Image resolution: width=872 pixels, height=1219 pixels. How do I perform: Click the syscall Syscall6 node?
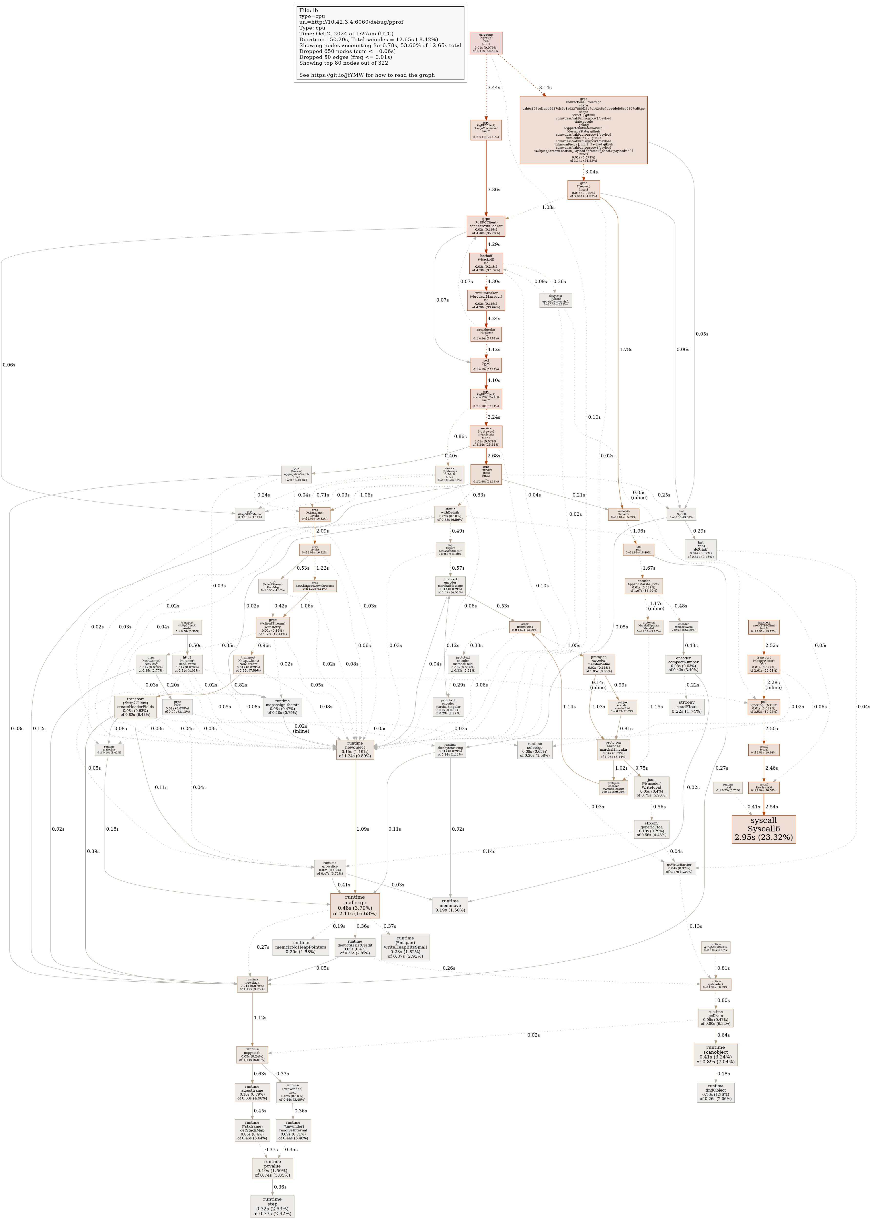[x=763, y=829]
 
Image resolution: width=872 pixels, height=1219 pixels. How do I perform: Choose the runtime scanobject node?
[x=715, y=1055]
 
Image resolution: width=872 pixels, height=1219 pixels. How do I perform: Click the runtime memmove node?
[x=450, y=905]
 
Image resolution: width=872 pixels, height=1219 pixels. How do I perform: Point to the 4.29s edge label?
[x=493, y=244]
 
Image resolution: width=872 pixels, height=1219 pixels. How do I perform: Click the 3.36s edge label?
[x=493, y=190]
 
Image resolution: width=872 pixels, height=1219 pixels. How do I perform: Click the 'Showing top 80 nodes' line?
[x=343, y=63]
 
